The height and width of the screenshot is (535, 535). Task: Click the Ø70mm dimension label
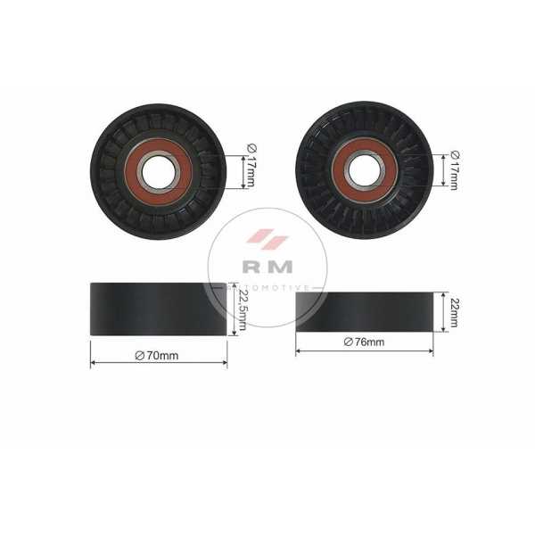157,356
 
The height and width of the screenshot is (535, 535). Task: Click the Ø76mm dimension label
364,342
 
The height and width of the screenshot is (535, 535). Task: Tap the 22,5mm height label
243,309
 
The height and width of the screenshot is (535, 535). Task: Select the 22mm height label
454,313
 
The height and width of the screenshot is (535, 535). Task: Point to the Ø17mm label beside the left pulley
251,166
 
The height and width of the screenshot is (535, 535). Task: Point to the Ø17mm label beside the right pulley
454,170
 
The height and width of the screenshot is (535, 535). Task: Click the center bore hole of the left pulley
158,172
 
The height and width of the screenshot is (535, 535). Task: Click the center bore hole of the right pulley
365,170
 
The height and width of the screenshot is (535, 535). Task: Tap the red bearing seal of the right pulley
339,170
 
